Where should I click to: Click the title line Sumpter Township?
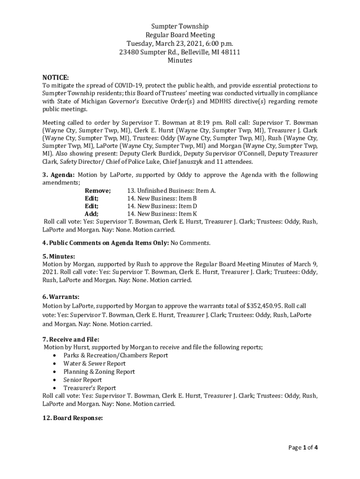[x=180, y=26]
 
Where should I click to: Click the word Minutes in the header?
[x=180, y=60]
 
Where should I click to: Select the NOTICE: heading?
[x=56, y=77]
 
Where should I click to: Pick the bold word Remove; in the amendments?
[x=98, y=191]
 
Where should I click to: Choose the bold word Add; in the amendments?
[x=91, y=214]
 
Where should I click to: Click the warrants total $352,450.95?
[x=264, y=306]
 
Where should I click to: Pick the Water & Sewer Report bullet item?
[x=94, y=363]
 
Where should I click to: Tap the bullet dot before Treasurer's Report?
[x=56, y=388]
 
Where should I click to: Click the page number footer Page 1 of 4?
[x=303, y=448]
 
